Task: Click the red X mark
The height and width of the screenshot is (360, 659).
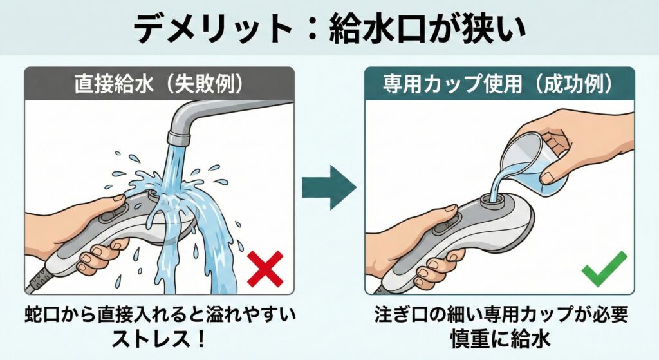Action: (265, 269)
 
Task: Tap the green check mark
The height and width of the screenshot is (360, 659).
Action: (604, 269)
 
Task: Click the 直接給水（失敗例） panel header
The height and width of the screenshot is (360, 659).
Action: (160, 84)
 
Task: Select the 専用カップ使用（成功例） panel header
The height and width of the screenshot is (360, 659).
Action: (499, 84)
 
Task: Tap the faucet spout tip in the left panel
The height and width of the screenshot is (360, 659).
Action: (178, 138)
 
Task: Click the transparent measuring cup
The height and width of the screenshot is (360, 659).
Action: (536, 161)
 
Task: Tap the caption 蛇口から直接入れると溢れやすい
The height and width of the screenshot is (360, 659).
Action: (160, 314)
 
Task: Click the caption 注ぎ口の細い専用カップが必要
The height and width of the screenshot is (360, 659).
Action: (501, 314)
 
